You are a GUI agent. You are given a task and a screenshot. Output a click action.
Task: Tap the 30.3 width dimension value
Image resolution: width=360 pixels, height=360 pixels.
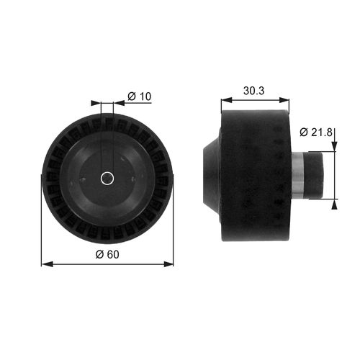pos(254,91)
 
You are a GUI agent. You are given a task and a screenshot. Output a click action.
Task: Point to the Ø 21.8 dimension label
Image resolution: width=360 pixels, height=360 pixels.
pos(317,132)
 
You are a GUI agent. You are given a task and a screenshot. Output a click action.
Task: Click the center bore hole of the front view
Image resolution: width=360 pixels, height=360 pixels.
pos(107,177)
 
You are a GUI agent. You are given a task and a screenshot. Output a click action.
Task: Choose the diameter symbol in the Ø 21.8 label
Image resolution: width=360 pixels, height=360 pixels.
pos(303,132)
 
